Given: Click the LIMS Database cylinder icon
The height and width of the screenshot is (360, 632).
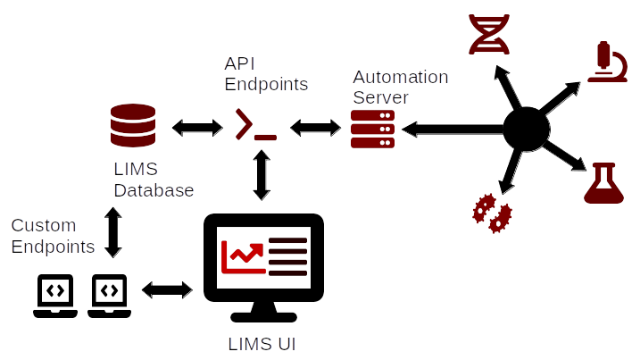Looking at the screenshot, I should [133, 126].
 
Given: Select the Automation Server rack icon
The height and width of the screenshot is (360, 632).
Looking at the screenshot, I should [372, 130].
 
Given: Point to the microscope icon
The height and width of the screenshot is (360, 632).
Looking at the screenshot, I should [608, 62].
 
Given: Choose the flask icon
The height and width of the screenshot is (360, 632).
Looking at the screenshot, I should [603, 183].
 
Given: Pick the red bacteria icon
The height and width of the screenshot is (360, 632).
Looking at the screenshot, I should [492, 213].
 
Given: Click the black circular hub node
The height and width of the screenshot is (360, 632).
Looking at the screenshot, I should [525, 130].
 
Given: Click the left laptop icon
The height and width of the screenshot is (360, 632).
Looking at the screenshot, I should [55, 295].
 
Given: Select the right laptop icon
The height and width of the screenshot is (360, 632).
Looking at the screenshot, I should [109, 295].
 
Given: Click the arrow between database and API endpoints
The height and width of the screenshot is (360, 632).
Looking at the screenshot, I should [196, 127].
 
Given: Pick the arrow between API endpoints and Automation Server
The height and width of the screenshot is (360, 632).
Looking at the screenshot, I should [315, 128].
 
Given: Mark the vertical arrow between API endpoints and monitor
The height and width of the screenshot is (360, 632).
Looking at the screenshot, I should [262, 174].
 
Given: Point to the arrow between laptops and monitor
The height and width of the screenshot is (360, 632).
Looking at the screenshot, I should [167, 289].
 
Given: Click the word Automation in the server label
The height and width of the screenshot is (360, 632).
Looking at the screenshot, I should [400, 77].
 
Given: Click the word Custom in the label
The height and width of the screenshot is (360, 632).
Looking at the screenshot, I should [44, 225].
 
